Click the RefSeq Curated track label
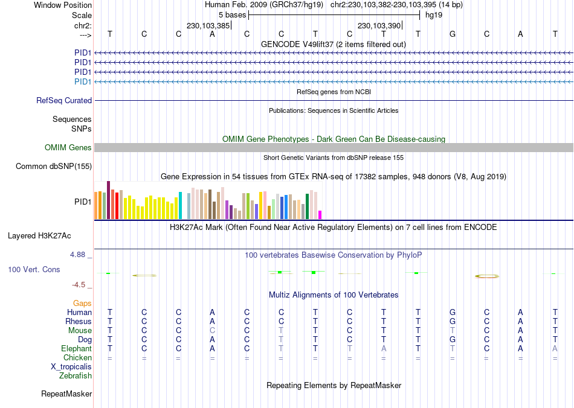coord(64,101)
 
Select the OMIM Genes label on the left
coord(68,148)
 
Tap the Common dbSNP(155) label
coord(54,167)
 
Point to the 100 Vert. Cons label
coord(34,270)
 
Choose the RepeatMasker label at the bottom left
coord(66,394)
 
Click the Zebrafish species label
coord(76,376)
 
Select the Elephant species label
coord(76,349)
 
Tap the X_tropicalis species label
coord(71,367)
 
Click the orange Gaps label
coord(82,303)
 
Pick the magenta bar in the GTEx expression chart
coord(320,215)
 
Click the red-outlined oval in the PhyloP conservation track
coord(487,276)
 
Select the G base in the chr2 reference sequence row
coord(453,34)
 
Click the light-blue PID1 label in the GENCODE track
coord(83,81)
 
